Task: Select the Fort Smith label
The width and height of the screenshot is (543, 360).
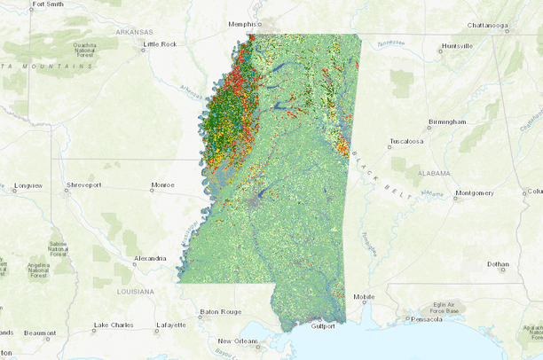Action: click(x=47, y=4)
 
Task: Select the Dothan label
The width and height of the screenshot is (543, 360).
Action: click(x=498, y=263)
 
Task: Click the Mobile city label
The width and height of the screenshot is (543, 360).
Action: click(x=363, y=297)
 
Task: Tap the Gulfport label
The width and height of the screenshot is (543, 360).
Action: click(x=323, y=325)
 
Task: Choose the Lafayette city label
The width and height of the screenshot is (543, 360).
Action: click(x=170, y=325)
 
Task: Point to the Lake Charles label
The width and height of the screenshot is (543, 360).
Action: click(x=114, y=325)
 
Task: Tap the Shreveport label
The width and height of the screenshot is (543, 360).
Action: click(x=83, y=185)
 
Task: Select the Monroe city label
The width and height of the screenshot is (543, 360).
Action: click(x=162, y=185)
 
